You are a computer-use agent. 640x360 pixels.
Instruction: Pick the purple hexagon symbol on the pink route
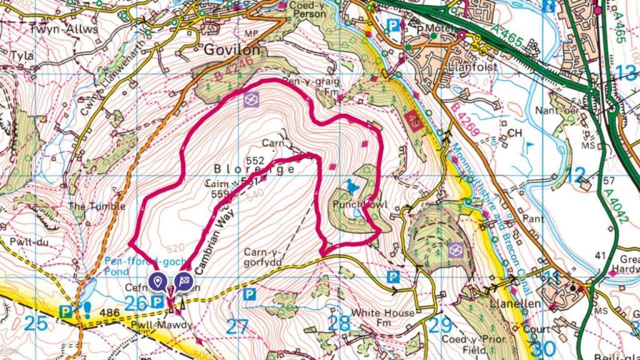251,101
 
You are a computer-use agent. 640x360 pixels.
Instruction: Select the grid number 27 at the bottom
237,326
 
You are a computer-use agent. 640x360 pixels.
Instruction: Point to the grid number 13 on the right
624,73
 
